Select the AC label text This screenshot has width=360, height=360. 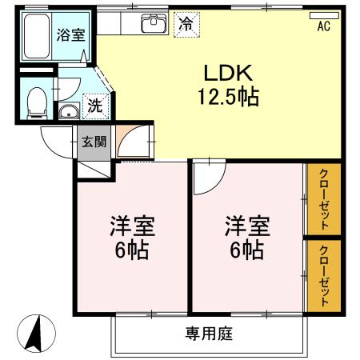pos(323,26)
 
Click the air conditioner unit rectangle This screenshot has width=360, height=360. pos(323,14)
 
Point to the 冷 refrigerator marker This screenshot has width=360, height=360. pos(186,23)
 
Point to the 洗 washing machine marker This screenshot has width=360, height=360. pos(94,104)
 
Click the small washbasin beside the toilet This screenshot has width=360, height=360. pos(68,111)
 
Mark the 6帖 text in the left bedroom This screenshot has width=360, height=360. pos(131,250)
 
